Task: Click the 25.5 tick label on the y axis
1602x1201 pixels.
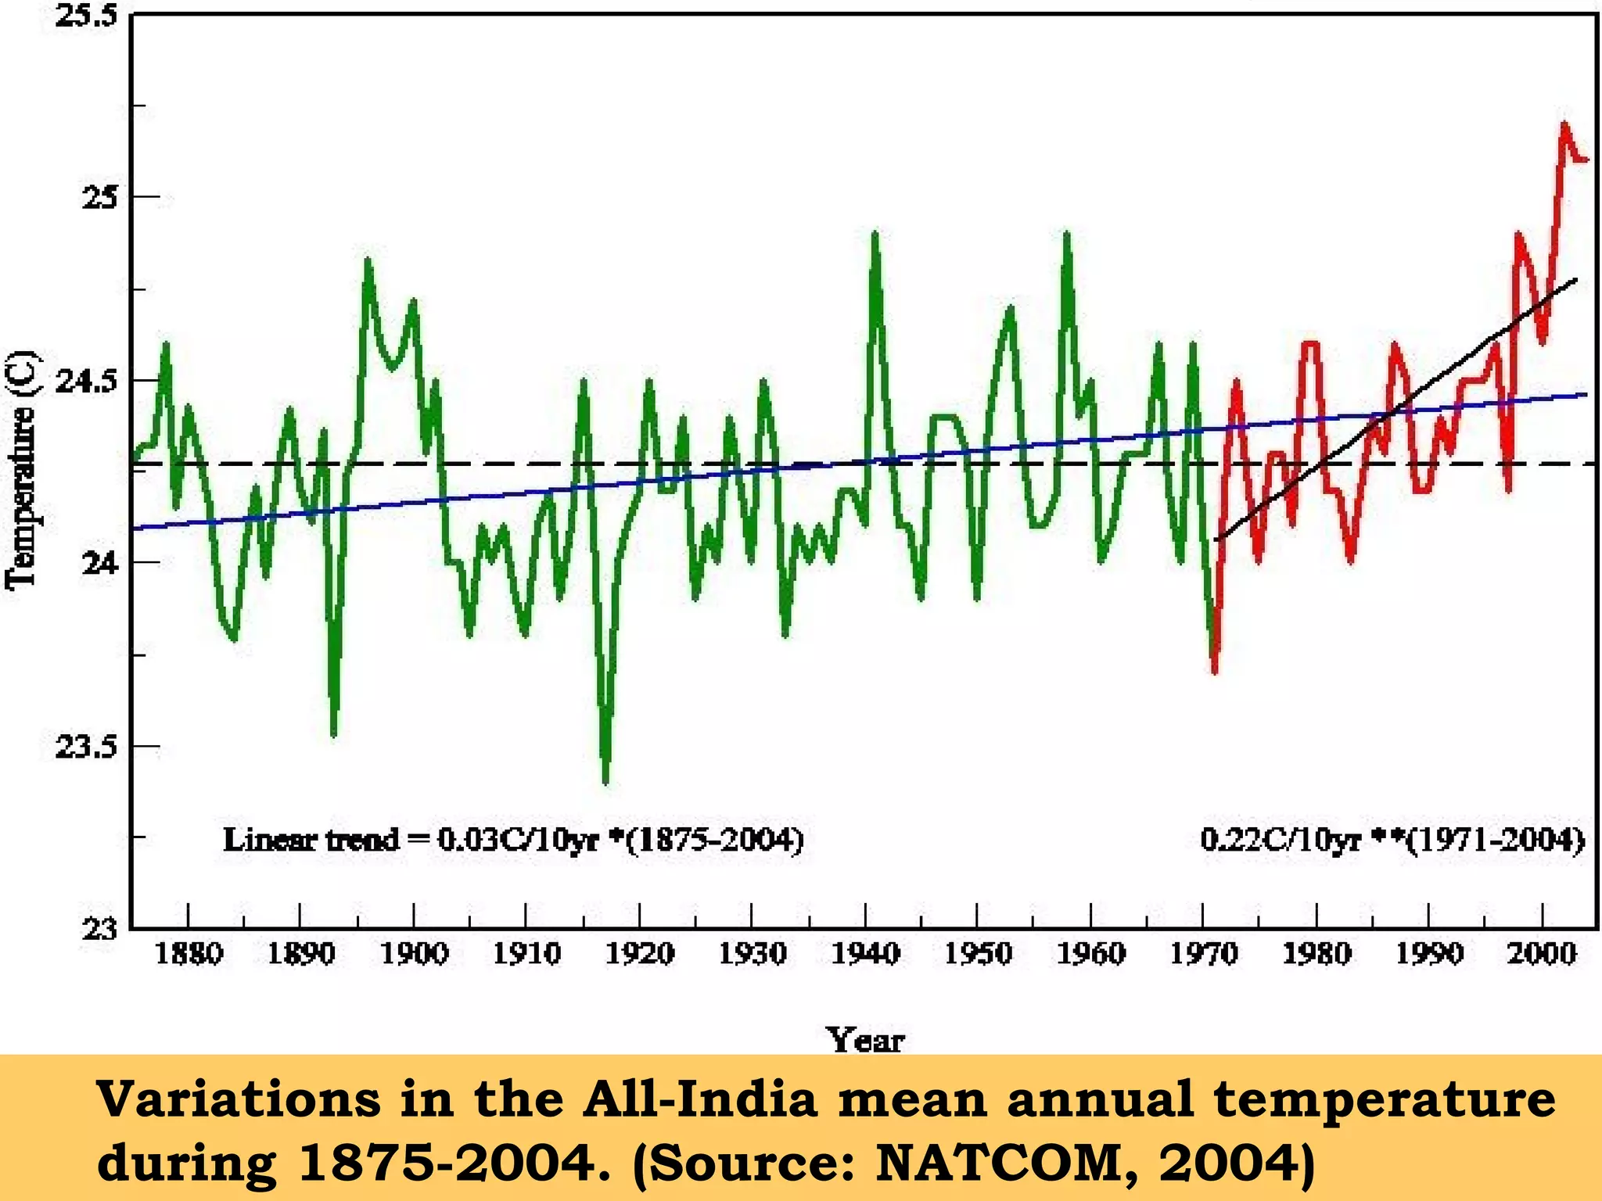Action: tap(86, 16)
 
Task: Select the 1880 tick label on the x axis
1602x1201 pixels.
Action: tap(189, 953)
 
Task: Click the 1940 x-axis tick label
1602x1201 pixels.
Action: tap(864, 953)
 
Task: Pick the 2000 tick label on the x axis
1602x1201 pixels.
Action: tap(1541, 953)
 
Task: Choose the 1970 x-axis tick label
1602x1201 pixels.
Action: tap(1203, 953)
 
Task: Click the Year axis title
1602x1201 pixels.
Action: tap(865, 1040)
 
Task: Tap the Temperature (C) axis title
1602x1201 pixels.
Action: tap(21, 469)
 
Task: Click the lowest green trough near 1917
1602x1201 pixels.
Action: tap(605, 780)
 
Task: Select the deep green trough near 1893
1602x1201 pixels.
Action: tap(334, 733)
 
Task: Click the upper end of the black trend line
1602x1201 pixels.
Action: tap(1575, 279)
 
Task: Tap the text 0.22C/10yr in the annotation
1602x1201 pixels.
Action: tap(1280, 841)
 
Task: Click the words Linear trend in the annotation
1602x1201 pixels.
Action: tap(311, 841)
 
